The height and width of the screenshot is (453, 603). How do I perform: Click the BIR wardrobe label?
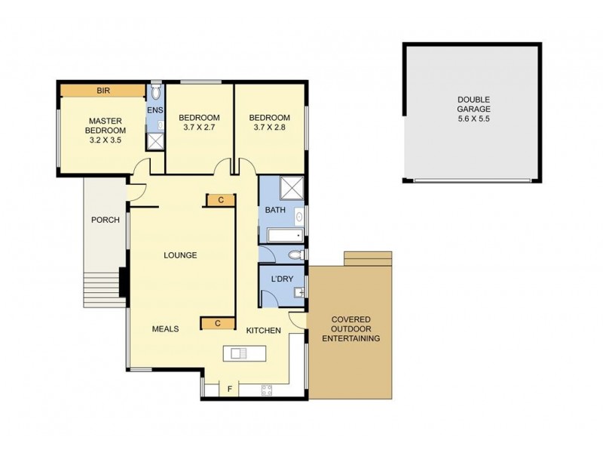click(x=103, y=91)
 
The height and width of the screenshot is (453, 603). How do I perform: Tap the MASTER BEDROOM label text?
click(x=106, y=125)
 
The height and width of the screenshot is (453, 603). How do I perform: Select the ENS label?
click(x=155, y=111)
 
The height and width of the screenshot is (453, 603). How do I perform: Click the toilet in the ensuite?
click(x=155, y=93)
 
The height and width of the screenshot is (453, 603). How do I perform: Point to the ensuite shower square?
click(x=155, y=140)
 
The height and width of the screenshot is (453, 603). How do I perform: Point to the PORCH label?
click(x=105, y=220)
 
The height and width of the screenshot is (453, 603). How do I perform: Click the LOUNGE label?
click(x=180, y=255)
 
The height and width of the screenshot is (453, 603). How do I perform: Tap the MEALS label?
click(x=165, y=329)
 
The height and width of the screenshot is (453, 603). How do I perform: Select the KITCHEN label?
click(x=263, y=331)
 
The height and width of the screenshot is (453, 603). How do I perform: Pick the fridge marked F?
click(x=229, y=390)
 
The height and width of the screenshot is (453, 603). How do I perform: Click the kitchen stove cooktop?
click(x=266, y=390)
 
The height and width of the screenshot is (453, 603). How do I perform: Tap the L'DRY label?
click(x=281, y=280)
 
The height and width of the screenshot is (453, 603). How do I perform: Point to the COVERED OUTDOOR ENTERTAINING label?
click(x=351, y=329)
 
